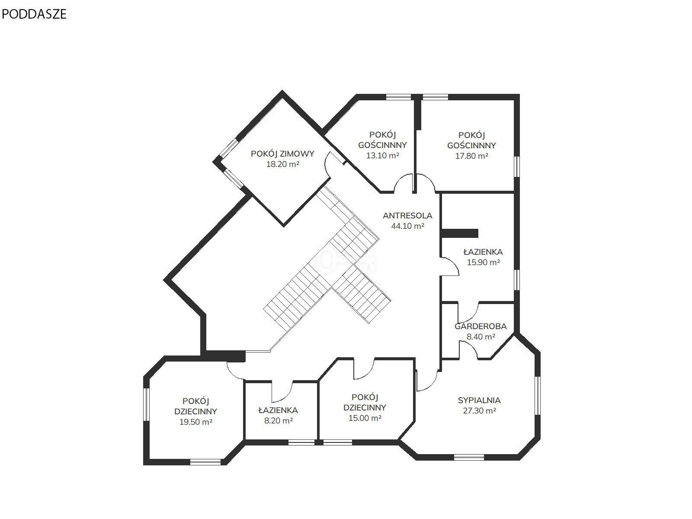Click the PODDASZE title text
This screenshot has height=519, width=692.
pos(34,14)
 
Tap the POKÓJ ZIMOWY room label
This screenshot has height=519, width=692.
pos(282,154)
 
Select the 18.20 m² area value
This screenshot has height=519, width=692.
pos(282,164)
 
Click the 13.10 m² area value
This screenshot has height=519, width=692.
pos(382,155)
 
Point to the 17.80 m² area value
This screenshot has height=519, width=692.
pos(471,156)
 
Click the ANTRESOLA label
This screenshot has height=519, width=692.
pos(407,215)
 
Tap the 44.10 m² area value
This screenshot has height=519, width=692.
pos(407,226)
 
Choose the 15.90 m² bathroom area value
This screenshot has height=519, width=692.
pos(483,262)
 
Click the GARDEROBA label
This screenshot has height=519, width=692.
pos(481,327)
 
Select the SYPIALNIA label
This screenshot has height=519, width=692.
pos(479,400)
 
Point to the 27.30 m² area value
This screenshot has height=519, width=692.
pos(479,410)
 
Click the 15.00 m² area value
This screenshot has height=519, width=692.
pos(365,418)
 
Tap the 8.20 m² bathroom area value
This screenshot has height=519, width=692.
pos(278,421)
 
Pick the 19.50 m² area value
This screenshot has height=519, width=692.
pos(195,422)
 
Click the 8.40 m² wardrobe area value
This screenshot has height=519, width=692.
pos(481,336)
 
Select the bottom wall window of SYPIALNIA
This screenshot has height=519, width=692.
pos(469,457)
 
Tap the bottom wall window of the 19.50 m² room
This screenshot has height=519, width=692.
pos(205,462)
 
